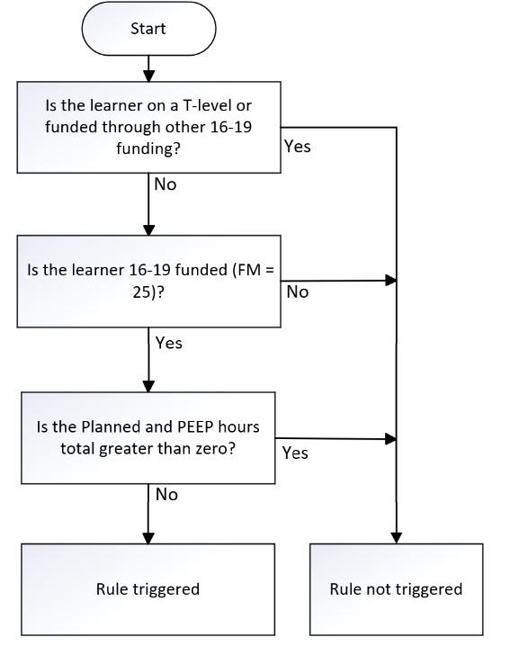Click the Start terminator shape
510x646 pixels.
click(148, 29)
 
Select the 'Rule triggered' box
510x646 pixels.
click(148, 589)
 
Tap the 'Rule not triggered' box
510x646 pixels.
click(397, 589)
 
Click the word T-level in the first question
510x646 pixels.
click(207, 105)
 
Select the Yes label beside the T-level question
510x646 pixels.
click(298, 147)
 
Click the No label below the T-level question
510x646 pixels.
click(166, 184)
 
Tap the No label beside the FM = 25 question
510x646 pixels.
click(298, 292)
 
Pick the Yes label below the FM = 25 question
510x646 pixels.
click(168, 343)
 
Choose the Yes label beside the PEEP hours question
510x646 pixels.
click(295, 453)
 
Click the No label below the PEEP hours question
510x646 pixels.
click(166, 494)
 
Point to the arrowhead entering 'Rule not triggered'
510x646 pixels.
click(397, 538)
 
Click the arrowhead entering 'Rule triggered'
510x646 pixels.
click(148, 538)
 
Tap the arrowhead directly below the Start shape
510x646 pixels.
click(148, 76)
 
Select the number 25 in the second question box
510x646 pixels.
click(141, 292)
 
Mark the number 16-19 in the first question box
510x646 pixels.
click(230, 127)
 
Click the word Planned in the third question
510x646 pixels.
click(112, 426)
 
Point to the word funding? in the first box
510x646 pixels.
click(148, 148)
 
